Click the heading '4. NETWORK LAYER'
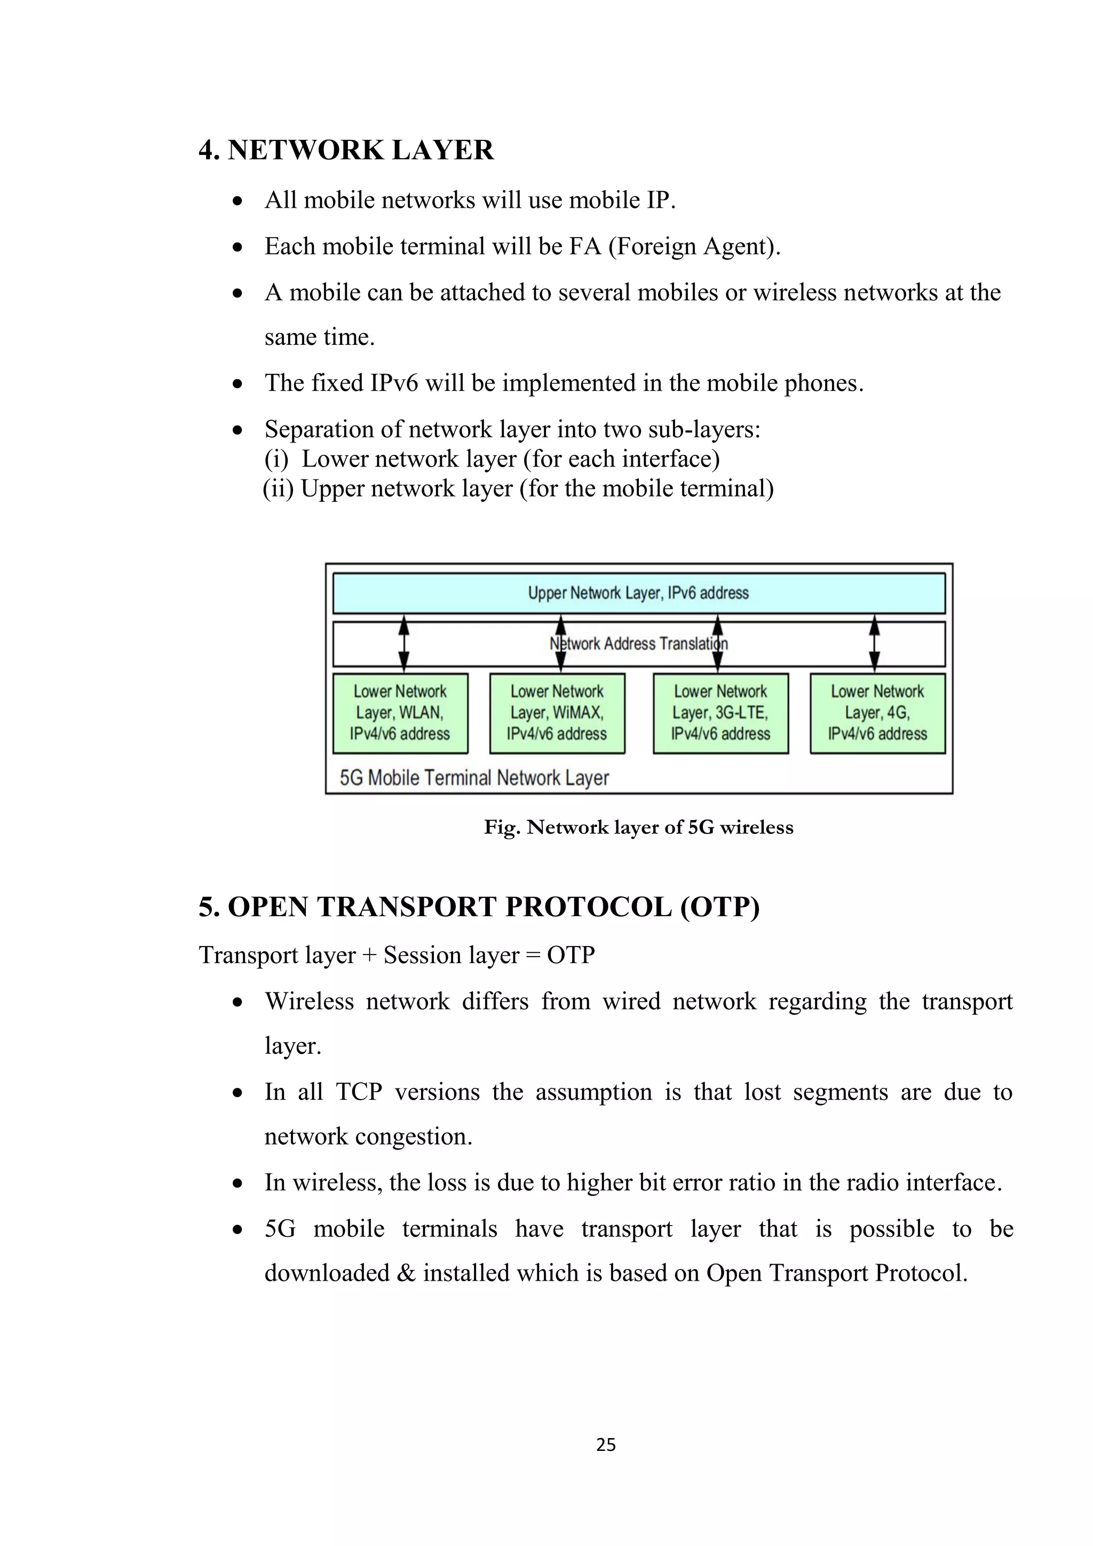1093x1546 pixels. [346, 150]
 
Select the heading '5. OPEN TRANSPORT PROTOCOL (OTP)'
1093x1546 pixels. [479, 907]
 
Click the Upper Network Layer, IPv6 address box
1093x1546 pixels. [638, 593]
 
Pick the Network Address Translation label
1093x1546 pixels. [638, 644]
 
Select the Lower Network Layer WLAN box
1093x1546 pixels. [400, 713]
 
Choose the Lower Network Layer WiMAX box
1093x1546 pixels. [557, 713]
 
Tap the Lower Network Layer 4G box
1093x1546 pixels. [877, 713]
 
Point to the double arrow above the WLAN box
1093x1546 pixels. [404, 644]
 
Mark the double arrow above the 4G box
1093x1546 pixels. [874, 644]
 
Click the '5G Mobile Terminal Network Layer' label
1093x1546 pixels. [474, 778]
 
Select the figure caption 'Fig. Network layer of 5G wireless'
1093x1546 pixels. [638, 827]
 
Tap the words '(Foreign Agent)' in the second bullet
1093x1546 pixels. [694, 247]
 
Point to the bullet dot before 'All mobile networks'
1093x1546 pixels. [237, 201]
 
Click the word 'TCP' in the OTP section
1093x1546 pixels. [359, 1092]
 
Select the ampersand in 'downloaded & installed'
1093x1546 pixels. [406, 1273]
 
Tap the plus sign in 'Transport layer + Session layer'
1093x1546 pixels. [369, 956]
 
